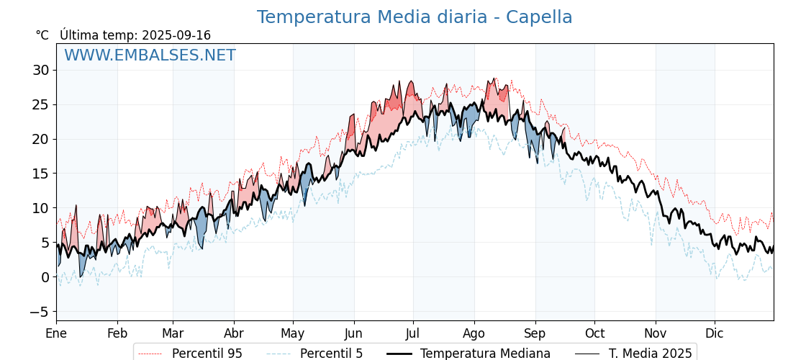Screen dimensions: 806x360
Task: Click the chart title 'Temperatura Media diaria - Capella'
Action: click(415, 17)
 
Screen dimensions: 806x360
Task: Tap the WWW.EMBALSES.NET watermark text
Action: click(150, 55)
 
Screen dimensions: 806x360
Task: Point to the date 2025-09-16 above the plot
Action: click(176, 35)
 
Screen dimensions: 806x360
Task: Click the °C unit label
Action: click(42, 35)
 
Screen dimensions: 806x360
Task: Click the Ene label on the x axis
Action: click(56, 333)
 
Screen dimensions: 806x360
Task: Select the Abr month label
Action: click(234, 333)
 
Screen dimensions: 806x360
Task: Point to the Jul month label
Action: click(413, 333)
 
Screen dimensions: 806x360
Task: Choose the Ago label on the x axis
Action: click(474, 334)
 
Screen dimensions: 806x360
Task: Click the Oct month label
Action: click(594, 333)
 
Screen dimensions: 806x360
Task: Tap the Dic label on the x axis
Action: click(715, 333)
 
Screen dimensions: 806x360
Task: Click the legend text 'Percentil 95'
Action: click(207, 354)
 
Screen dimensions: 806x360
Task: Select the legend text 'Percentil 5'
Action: click(332, 354)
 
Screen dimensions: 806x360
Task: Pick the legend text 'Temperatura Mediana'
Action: click(485, 354)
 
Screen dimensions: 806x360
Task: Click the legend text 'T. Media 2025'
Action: click(651, 354)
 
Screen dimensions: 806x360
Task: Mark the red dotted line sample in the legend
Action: click(150, 354)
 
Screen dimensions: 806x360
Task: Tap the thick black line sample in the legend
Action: click(399, 354)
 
